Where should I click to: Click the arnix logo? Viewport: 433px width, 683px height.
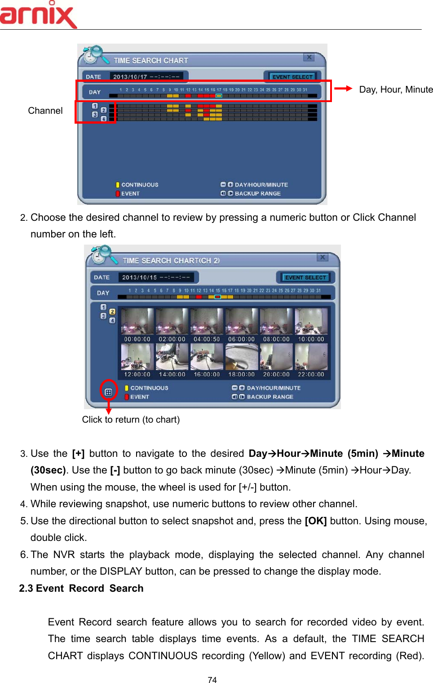pyautogui.click(x=38, y=15)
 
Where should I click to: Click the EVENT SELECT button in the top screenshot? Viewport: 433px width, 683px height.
pyautogui.click(x=292, y=77)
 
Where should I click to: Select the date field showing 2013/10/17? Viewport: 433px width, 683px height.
pyautogui.click(x=146, y=77)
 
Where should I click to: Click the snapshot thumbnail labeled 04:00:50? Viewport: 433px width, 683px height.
pyautogui.click(x=207, y=321)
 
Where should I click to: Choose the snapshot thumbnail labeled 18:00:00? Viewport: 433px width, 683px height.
pyautogui.click(x=242, y=357)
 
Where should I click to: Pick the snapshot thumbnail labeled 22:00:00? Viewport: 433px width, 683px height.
pyautogui.click(x=311, y=357)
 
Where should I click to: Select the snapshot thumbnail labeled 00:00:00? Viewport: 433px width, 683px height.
pyautogui.click(x=137, y=321)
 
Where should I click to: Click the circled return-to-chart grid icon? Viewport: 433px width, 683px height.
pyautogui.click(x=108, y=392)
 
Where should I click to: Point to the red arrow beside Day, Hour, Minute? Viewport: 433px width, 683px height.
pyautogui.click(x=343, y=89)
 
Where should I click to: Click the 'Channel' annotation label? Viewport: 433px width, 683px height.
pyautogui.click(x=45, y=111)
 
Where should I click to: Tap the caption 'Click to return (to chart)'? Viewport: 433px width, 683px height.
pyautogui.click(x=131, y=420)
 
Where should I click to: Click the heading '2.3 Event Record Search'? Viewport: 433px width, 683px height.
pyautogui.click(x=81, y=588)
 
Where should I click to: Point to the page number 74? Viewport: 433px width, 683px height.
pyautogui.click(x=212, y=679)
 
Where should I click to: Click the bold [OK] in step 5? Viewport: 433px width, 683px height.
pyautogui.click(x=315, y=521)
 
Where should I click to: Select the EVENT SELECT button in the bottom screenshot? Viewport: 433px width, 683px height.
pyautogui.click(x=305, y=277)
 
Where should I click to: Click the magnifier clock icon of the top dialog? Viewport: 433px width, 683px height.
pyautogui.click(x=95, y=55)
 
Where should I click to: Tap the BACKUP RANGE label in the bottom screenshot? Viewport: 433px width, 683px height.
pyautogui.click(x=270, y=397)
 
